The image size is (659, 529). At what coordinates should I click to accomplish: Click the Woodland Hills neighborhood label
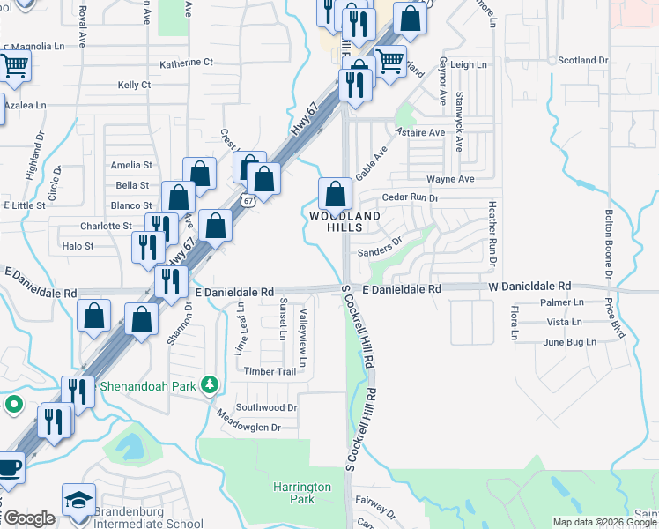coord(344,221)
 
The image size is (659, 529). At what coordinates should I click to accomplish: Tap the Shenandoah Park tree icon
coord(209,385)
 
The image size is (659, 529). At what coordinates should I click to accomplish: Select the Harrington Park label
coord(301,493)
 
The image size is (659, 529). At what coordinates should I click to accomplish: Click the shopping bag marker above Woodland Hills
coord(335,193)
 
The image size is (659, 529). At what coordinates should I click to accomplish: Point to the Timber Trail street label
coord(270,371)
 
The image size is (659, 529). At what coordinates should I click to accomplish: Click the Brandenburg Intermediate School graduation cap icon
coord(78,499)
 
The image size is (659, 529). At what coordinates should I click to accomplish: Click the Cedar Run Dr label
coord(410,198)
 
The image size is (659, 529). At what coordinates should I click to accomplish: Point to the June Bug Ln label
coord(569,342)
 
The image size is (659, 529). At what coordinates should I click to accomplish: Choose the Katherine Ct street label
coord(187,63)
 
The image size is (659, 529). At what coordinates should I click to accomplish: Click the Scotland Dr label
coord(583,60)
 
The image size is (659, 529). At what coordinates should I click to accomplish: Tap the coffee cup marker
coord(8,466)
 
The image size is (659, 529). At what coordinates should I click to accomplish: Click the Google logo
coord(28,518)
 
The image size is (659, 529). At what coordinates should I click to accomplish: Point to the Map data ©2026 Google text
coord(603,522)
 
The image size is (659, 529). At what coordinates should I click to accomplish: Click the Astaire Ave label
coord(419,132)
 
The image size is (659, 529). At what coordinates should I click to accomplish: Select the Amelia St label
coord(131,165)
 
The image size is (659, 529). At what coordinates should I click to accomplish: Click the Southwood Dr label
coord(266,407)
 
